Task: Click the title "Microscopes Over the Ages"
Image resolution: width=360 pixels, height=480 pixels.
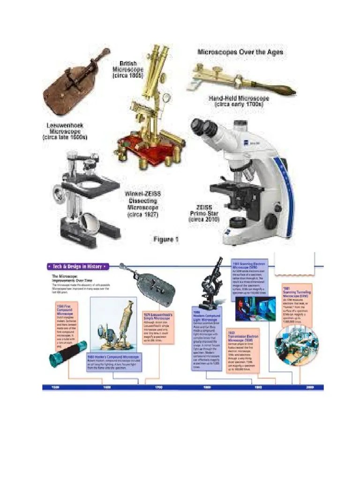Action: (x=240, y=52)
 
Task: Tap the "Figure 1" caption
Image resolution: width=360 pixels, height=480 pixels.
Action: (x=166, y=240)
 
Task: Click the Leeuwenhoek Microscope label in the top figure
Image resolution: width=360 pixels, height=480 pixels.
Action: (x=65, y=132)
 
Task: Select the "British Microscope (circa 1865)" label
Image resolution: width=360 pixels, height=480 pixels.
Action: (x=127, y=69)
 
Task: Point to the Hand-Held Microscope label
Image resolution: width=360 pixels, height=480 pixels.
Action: (x=239, y=102)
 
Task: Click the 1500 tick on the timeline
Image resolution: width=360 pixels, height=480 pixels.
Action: (x=55, y=388)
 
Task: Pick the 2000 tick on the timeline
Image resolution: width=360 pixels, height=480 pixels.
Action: (x=309, y=388)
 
